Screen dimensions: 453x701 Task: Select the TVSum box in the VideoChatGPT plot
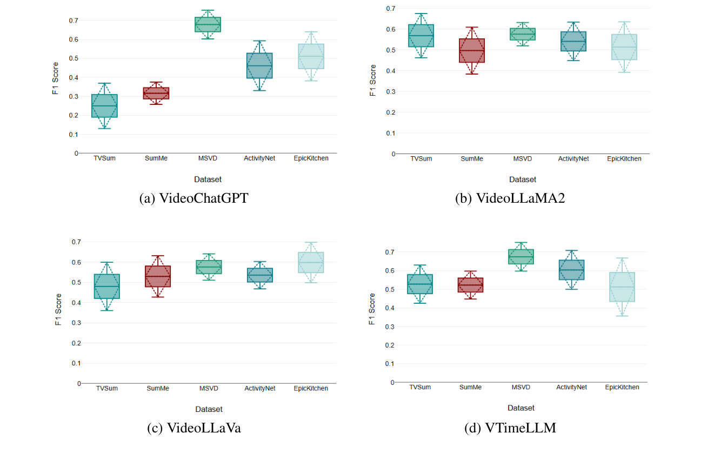tap(104, 105)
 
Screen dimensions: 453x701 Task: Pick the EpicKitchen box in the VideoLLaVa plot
tap(311, 263)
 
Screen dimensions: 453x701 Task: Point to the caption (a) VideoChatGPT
tap(193, 198)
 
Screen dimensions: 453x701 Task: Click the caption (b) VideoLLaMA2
tap(510, 198)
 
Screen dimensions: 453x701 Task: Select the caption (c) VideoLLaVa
tap(194, 428)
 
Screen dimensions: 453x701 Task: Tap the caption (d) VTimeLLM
tap(510, 428)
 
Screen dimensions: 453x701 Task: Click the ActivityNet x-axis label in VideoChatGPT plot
tap(260, 158)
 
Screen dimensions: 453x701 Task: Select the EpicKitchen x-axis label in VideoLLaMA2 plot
tap(624, 159)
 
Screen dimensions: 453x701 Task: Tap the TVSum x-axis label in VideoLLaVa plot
tap(106, 388)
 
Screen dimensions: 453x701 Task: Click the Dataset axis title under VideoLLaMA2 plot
tap(522, 179)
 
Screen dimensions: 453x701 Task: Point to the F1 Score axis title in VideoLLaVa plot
tap(58, 310)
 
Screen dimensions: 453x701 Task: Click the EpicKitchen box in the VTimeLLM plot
tap(622, 287)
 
